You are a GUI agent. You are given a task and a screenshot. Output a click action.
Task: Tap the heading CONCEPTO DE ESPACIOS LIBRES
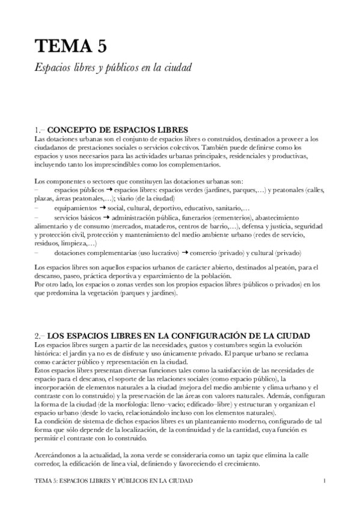[x=117, y=129]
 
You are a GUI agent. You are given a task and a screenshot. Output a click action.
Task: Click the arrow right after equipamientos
[x=103, y=207]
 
